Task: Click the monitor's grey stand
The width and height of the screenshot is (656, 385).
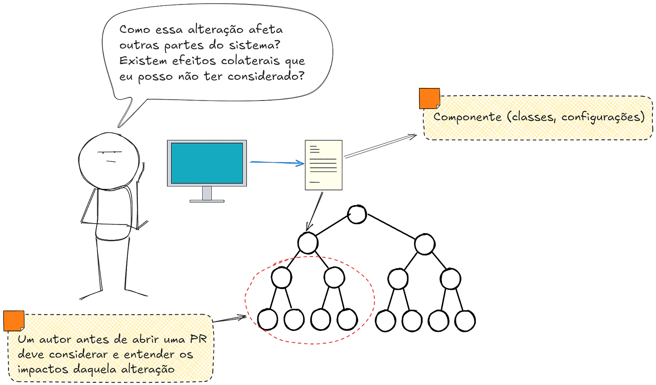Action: click(x=207, y=194)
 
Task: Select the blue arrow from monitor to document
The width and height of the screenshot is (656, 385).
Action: click(x=276, y=162)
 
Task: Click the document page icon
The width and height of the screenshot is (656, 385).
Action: click(x=324, y=165)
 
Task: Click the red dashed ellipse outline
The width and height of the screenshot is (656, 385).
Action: click(x=246, y=300)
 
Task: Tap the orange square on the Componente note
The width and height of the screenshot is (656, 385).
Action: click(x=429, y=98)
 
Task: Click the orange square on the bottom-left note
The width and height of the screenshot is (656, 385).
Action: click(x=14, y=321)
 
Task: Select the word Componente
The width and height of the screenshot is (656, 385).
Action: click(x=467, y=117)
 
